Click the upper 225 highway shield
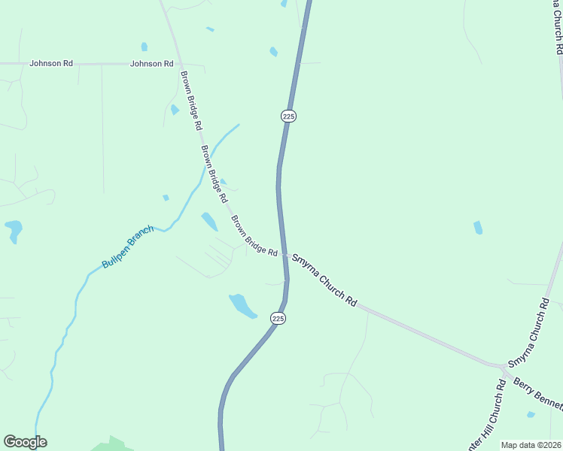[x=289, y=116]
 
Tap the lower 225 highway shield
[x=278, y=318]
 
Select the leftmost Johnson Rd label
[x=51, y=64]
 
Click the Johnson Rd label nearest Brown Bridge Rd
[x=151, y=64]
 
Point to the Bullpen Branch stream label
[x=128, y=247]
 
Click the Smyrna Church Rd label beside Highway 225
[x=324, y=279]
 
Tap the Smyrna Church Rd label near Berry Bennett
[x=529, y=332]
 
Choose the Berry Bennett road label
[x=537, y=394]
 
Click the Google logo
[x=25, y=442]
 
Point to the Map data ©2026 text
[x=531, y=445]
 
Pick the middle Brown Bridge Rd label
[x=213, y=174]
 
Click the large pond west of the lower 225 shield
[x=242, y=305]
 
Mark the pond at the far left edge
[x=13, y=229]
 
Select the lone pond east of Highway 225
[x=478, y=228]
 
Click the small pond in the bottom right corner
[x=531, y=414]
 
